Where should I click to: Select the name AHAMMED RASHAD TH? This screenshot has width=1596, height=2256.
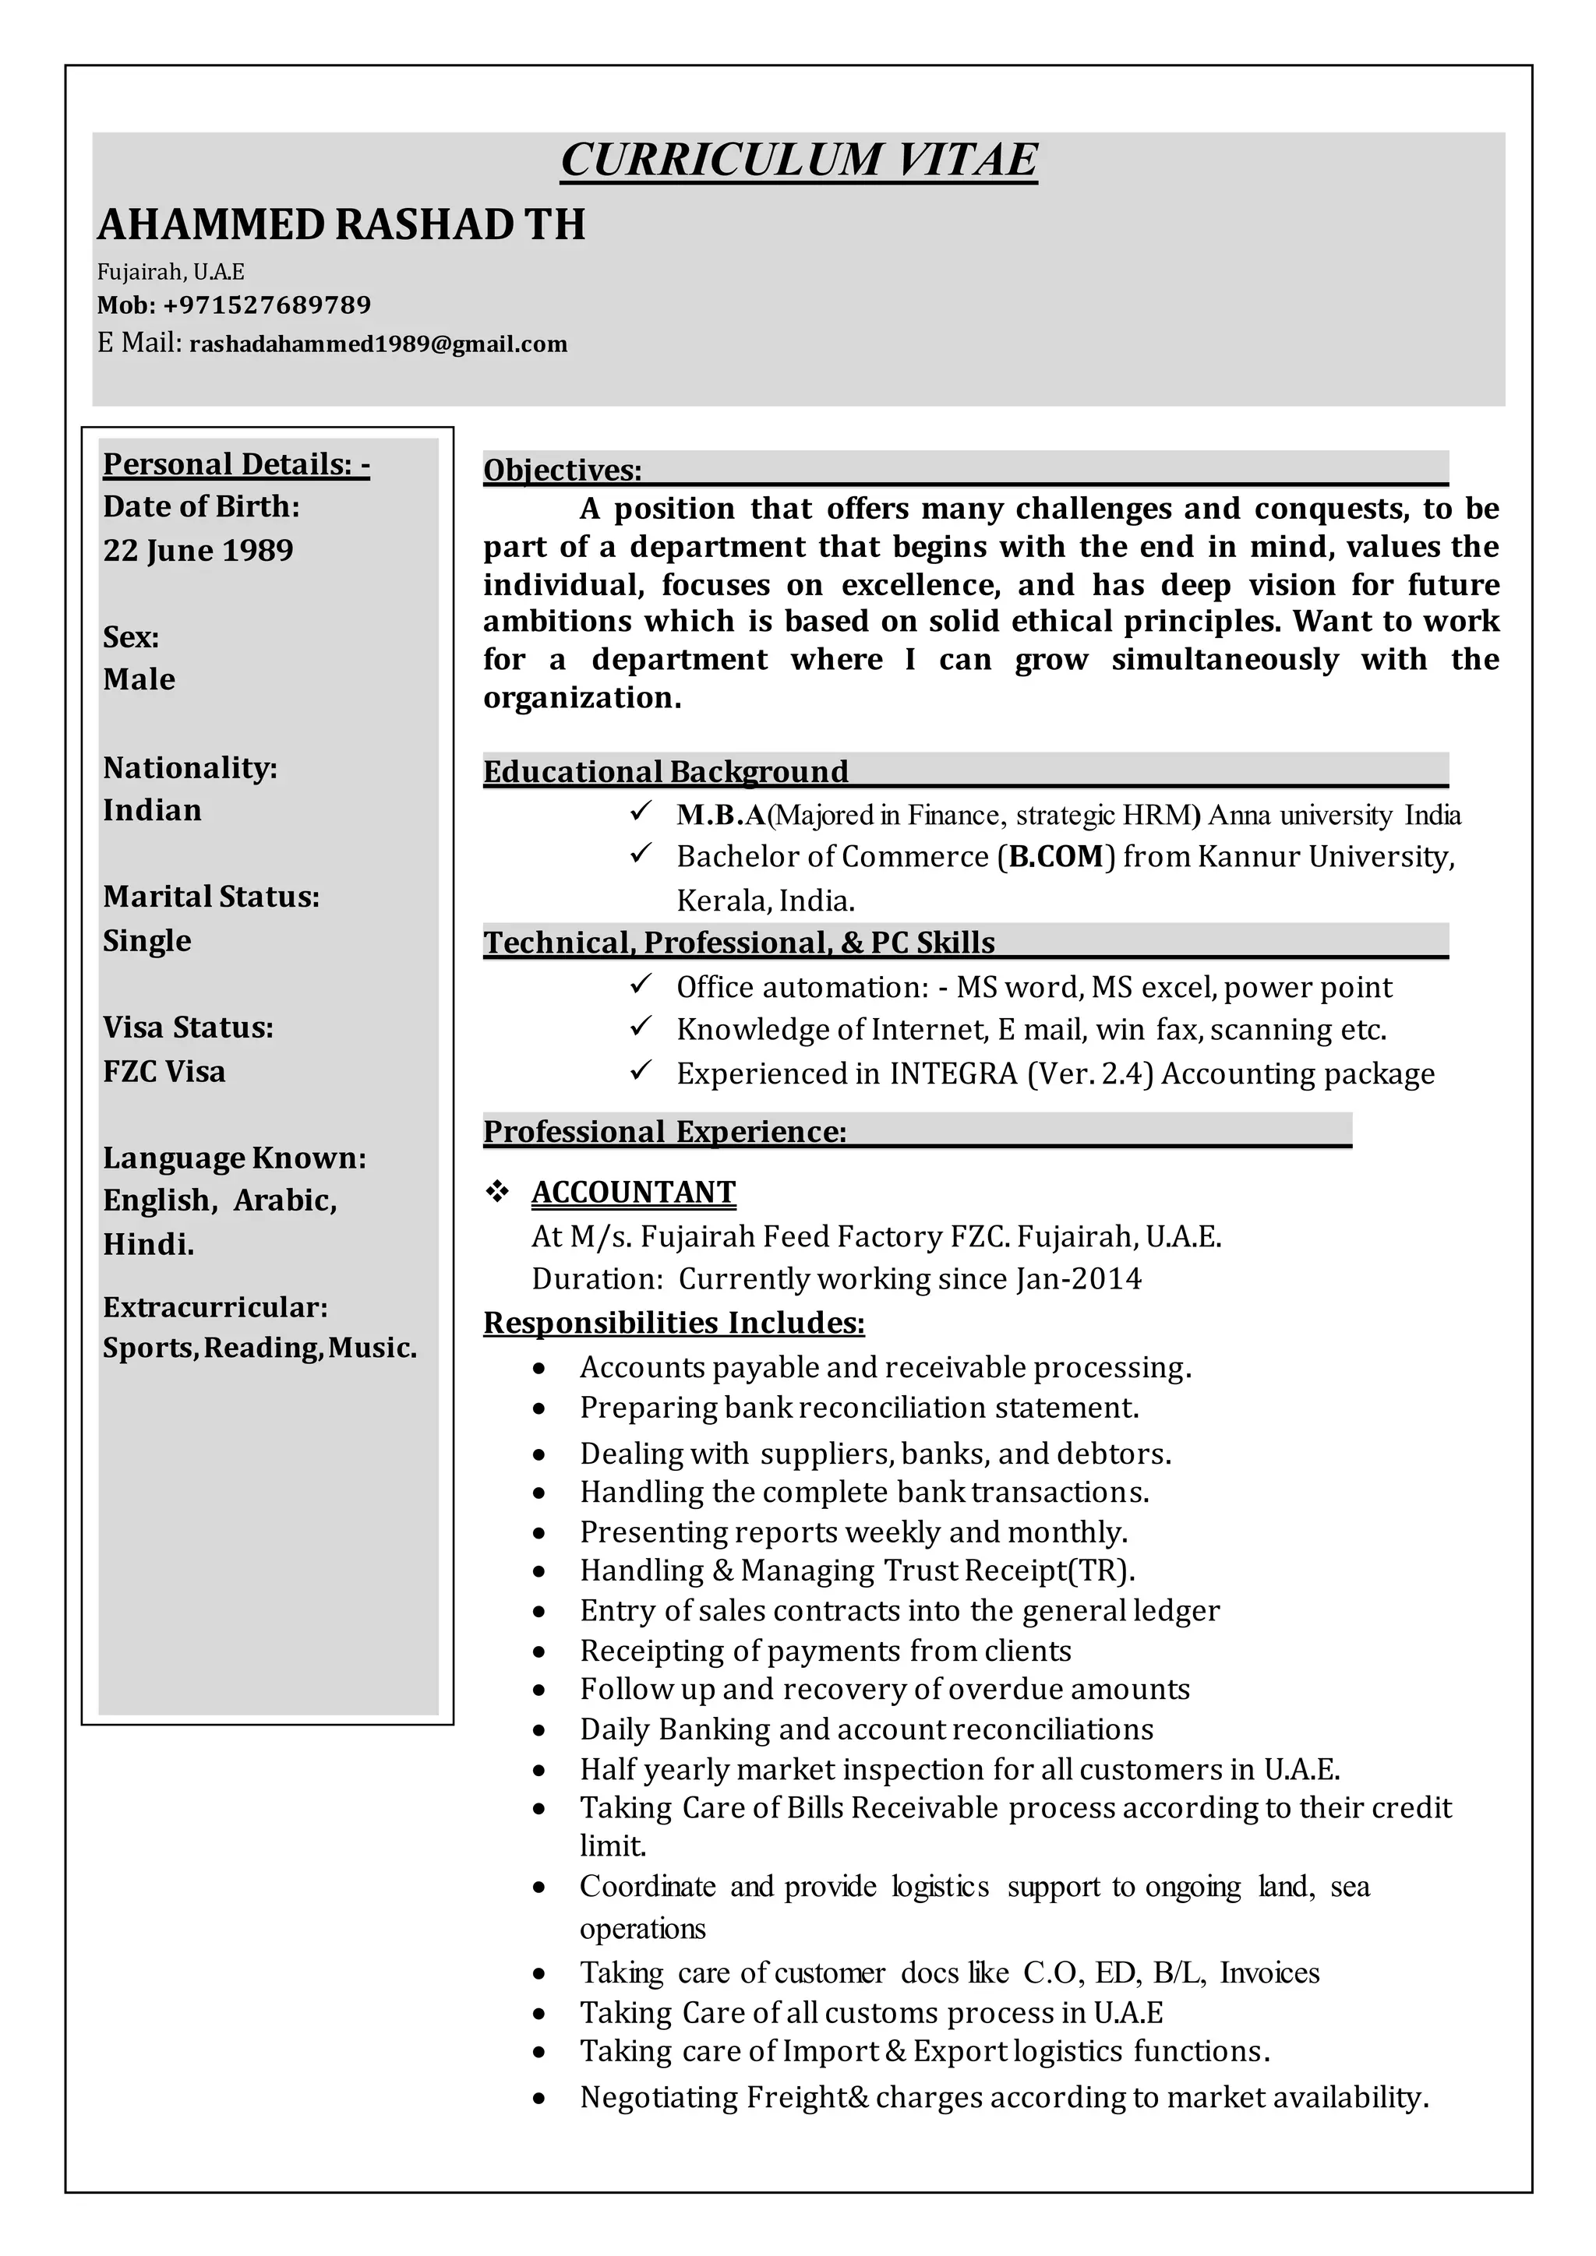(341, 225)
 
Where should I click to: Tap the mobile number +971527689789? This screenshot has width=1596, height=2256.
(267, 305)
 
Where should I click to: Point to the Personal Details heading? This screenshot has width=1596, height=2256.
(236, 464)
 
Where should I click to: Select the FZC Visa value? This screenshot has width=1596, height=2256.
(164, 1071)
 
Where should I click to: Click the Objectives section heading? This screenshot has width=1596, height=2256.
(562, 471)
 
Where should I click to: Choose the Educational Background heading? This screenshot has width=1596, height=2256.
(666, 772)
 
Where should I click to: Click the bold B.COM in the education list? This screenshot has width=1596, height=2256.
(1057, 857)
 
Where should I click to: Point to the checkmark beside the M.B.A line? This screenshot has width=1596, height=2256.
(641, 813)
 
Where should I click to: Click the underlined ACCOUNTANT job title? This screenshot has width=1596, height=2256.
(634, 1193)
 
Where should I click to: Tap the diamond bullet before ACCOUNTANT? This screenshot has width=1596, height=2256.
(497, 1193)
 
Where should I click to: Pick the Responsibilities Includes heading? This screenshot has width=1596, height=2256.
(674, 1324)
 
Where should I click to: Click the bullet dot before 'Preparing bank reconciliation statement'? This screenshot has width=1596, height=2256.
(538, 1410)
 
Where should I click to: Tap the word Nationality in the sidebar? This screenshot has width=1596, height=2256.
(189, 767)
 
